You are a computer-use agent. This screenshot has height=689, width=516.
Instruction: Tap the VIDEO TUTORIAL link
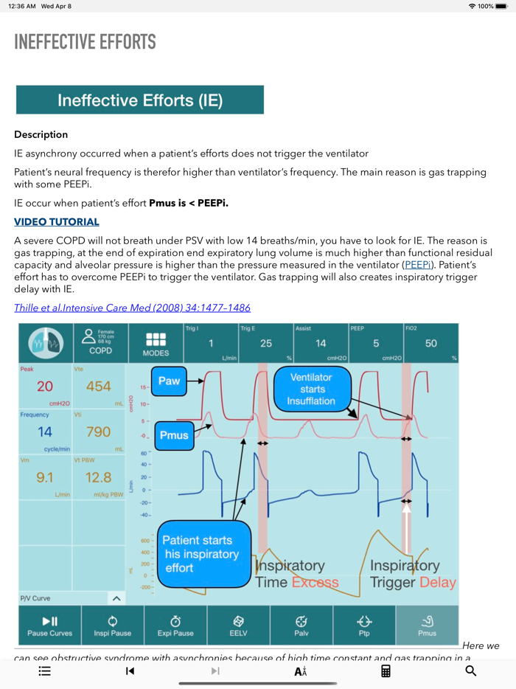[x=57, y=222]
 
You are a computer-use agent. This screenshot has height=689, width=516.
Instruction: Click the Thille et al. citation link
[x=132, y=308]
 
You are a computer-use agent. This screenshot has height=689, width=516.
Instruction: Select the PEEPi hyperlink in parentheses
[x=417, y=264]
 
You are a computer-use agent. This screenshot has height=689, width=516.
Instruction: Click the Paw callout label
[x=169, y=381]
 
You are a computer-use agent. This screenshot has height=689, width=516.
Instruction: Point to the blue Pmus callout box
[x=174, y=435]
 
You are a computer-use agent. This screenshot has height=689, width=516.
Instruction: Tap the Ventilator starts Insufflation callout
[x=313, y=389]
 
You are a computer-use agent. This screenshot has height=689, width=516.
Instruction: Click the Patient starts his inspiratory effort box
[x=197, y=554]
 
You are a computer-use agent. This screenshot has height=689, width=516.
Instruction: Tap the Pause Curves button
[x=49, y=626]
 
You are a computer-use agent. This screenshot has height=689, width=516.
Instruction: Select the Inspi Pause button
[x=113, y=626]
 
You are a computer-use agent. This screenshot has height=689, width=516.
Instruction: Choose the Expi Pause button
[x=175, y=626]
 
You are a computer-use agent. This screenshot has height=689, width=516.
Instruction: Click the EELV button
[x=239, y=626]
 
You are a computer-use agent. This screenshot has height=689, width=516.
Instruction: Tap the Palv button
[x=301, y=626]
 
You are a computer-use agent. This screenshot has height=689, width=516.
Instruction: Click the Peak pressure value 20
[x=45, y=387]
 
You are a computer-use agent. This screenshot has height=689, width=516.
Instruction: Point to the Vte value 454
[x=98, y=387]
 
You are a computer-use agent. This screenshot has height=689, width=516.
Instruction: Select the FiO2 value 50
[x=430, y=343]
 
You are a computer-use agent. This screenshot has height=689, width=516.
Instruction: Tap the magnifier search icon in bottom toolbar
[x=471, y=671]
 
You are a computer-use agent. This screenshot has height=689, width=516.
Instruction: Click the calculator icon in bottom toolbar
[x=386, y=671]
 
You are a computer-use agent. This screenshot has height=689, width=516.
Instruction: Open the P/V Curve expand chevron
[x=116, y=598]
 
